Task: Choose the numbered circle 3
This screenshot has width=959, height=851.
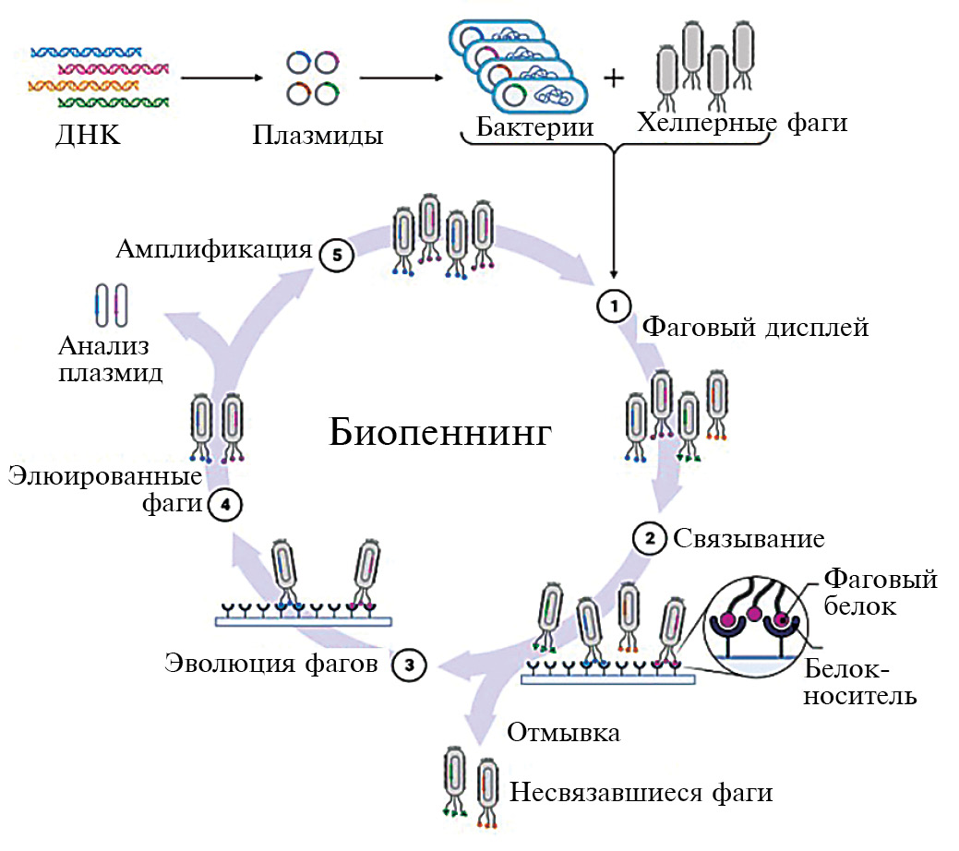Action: [410, 664]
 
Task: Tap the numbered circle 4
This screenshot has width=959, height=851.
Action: [225, 505]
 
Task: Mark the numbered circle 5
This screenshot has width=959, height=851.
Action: [336, 257]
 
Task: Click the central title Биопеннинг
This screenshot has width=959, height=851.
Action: [440, 430]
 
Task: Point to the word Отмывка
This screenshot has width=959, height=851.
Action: [564, 732]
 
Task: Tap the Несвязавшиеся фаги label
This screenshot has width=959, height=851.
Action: [641, 792]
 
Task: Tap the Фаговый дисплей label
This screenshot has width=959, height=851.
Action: [755, 327]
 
